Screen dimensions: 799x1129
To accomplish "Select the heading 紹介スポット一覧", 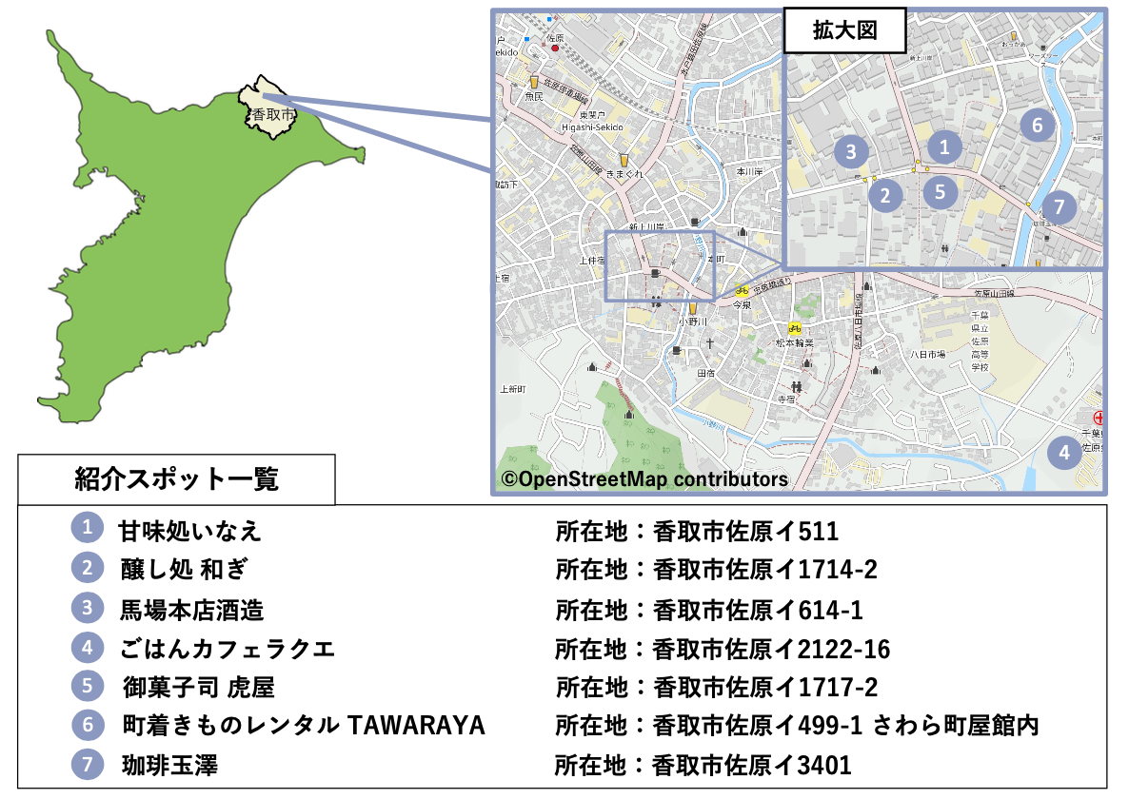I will [x=176, y=479].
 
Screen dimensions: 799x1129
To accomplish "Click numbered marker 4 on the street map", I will [x=1064, y=453].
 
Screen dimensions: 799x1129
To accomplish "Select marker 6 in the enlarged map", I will [x=1038, y=124].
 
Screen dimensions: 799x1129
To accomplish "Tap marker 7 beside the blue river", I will [x=1059, y=206].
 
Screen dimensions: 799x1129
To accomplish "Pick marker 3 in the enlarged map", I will [x=851, y=151].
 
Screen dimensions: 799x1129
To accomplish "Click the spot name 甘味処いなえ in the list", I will [x=189, y=531].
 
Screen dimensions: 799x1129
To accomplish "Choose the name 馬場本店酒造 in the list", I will [x=191, y=609].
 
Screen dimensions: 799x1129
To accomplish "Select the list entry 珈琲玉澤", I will [x=169, y=764].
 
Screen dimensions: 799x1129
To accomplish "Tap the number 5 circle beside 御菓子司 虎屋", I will [x=87, y=686].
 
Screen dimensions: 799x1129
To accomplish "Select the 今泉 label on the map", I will [x=743, y=305].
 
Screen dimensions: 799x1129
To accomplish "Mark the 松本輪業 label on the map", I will [x=794, y=342].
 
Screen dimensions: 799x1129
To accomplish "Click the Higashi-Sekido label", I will [x=591, y=127].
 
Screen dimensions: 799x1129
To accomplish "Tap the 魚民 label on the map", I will [x=534, y=97].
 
